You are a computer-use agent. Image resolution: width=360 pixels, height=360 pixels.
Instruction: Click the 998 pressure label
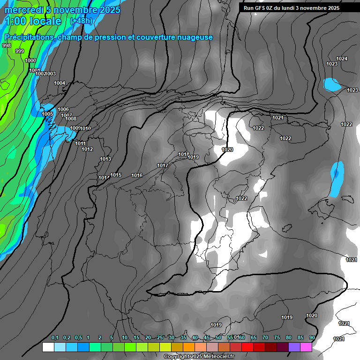[7, 45]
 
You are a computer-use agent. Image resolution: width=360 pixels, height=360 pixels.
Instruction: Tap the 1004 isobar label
[60, 83]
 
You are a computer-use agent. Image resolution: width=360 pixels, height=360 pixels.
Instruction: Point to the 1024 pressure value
[342, 59]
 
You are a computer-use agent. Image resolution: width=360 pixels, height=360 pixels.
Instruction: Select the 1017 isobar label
[163, 165]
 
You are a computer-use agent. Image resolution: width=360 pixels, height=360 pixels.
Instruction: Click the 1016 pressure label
[137, 175]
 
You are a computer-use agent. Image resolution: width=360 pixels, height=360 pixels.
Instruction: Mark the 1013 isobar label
[105, 159]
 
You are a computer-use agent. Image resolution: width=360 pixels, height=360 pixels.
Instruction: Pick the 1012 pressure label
[87, 149]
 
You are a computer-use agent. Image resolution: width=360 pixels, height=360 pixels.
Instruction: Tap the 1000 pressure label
[30, 60]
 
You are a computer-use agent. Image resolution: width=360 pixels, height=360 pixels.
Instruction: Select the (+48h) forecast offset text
[81, 21]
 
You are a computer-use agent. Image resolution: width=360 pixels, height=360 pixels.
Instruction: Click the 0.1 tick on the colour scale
[54, 337]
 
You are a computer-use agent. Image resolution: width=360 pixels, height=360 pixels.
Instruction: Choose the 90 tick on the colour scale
[312, 337]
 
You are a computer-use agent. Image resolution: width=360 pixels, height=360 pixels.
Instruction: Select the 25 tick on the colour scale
[160, 337]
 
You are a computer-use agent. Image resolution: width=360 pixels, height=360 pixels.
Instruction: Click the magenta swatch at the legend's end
[306, 347]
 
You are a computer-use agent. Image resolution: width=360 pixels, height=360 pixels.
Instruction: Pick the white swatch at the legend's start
[48, 347]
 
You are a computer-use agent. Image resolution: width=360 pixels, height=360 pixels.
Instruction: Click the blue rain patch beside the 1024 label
[332, 85]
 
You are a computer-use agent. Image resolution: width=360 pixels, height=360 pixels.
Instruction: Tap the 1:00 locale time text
[33, 21]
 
